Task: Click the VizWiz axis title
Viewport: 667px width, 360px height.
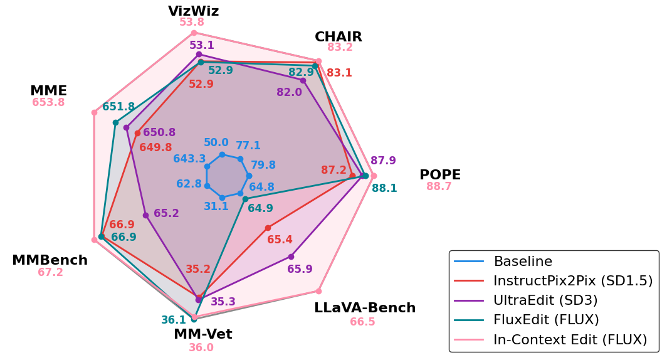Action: click(193, 11)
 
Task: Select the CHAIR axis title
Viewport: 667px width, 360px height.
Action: click(339, 37)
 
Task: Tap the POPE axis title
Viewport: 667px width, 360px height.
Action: click(440, 175)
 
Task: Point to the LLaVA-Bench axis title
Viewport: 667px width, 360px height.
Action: click(365, 308)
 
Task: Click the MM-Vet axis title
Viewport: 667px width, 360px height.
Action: click(202, 334)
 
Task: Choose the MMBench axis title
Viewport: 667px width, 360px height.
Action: click(50, 260)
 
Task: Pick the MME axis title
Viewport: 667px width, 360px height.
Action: click(48, 91)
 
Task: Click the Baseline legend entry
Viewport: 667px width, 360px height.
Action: click(523, 262)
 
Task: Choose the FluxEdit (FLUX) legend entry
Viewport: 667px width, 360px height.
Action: click(546, 320)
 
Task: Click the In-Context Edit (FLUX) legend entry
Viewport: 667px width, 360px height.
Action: click(570, 339)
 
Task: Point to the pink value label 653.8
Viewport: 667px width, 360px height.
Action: click(48, 102)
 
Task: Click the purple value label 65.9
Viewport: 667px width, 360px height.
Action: click(300, 269)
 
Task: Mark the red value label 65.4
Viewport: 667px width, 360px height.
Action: click(280, 240)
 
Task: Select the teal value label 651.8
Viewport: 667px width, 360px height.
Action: click(118, 107)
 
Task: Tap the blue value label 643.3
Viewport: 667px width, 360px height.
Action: click(189, 159)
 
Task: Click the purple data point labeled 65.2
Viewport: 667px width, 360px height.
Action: click(145, 215)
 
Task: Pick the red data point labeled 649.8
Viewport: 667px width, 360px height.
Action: click(137, 133)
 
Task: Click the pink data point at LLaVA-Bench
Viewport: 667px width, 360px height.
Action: click(318, 291)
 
